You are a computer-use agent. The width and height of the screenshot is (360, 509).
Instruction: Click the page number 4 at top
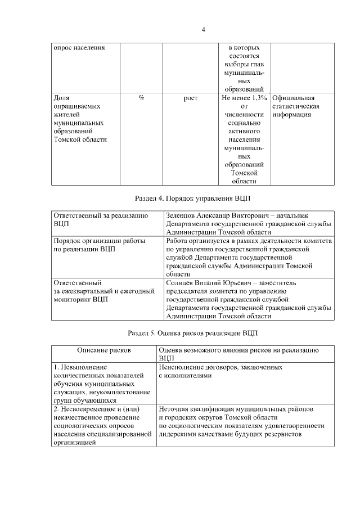[x=204, y=30]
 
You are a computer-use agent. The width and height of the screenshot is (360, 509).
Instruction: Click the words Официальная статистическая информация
[x=296, y=106]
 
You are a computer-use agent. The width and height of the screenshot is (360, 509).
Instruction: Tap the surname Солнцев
[x=181, y=282]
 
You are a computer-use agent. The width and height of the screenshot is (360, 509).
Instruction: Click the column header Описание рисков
[x=104, y=350]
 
